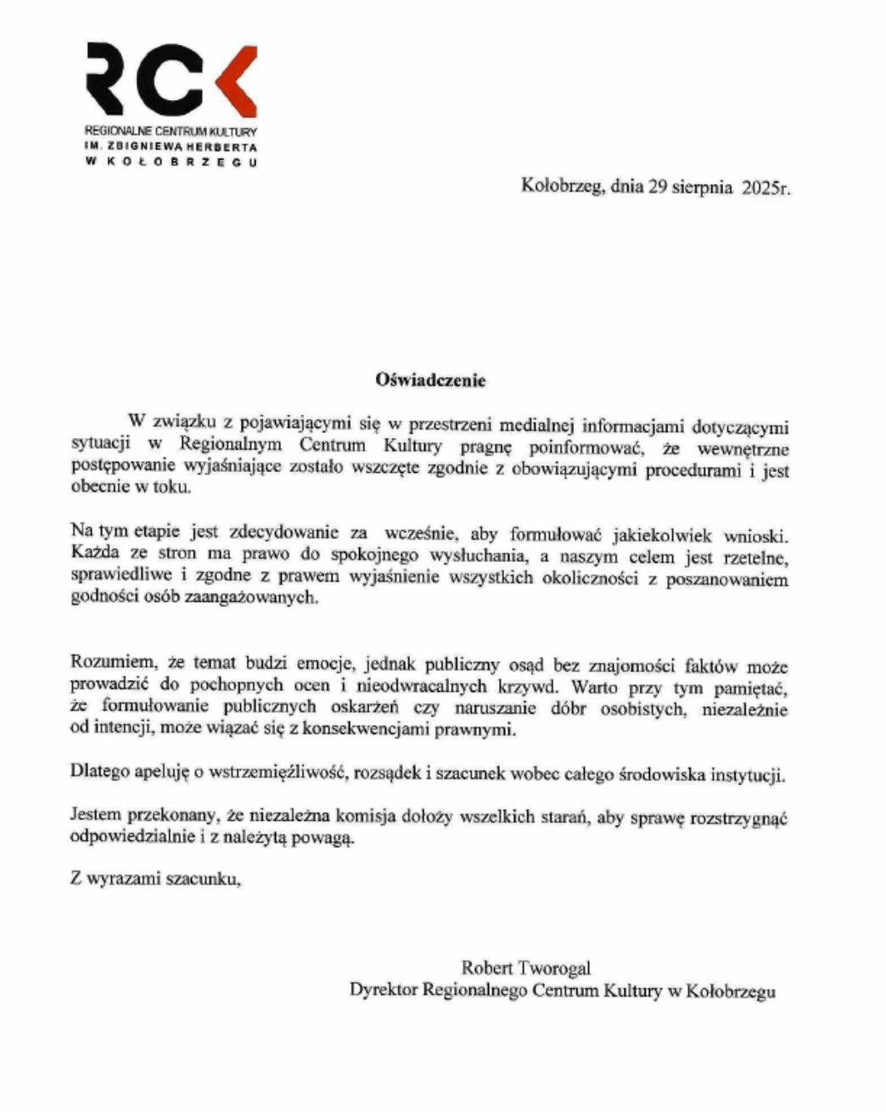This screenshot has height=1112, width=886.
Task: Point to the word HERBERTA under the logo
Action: [222, 147]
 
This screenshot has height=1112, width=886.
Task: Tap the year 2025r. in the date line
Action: [765, 188]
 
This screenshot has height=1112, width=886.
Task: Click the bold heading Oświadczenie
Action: [431, 380]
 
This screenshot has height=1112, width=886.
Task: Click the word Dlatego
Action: [98, 773]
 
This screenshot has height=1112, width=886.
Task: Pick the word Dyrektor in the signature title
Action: [383, 990]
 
